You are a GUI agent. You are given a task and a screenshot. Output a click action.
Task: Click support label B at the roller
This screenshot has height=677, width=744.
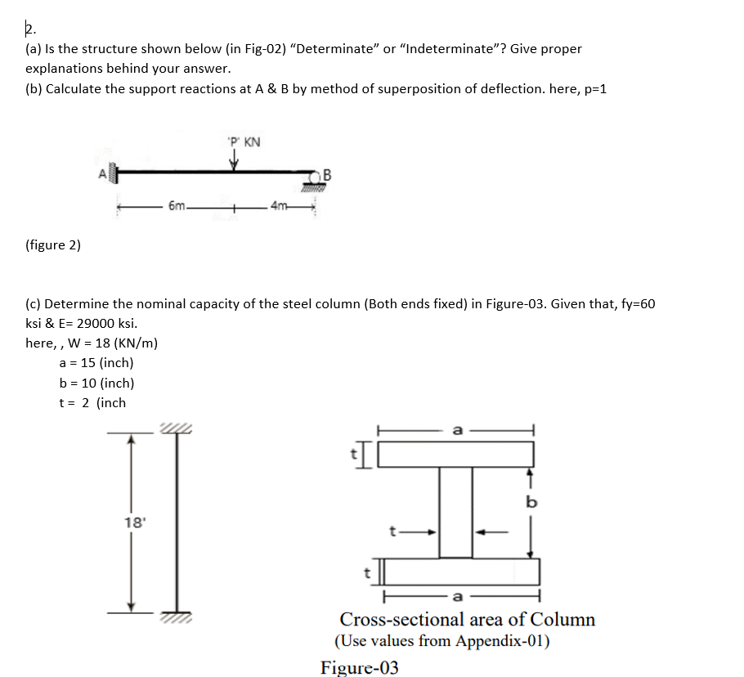coord(328,173)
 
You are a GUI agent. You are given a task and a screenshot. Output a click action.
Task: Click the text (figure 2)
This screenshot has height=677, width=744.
coord(53,245)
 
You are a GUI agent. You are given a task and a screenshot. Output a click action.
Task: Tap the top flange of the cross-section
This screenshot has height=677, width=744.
coord(455,454)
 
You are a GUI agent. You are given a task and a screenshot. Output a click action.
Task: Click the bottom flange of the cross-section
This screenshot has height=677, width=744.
coord(461,572)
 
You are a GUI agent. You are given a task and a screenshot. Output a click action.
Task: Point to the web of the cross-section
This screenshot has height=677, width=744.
coord(455,512)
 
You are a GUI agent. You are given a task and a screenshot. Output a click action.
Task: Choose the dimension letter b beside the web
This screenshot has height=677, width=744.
coord(531,502)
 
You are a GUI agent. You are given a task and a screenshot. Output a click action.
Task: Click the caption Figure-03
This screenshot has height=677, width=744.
coord(360,667)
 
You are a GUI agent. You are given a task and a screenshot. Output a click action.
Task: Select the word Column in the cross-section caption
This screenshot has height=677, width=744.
coord(563,619)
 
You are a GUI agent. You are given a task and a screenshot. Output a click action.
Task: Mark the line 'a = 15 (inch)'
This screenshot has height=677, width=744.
coord(96,363)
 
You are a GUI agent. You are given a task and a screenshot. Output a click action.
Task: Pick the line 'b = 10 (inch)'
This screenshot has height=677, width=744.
coord(96,383)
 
